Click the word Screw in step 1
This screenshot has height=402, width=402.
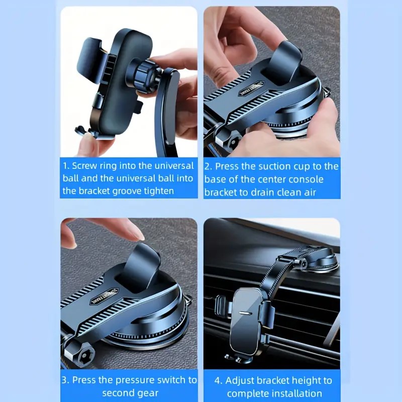pos(85,165)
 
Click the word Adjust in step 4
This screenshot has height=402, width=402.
pos(239,380)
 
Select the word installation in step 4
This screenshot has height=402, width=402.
pos(295,393)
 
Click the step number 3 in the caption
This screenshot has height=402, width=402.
pos(65,380)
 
